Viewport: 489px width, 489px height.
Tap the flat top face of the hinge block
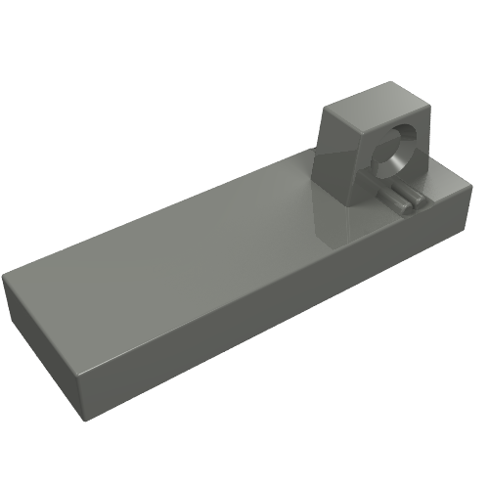click(370, 106)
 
